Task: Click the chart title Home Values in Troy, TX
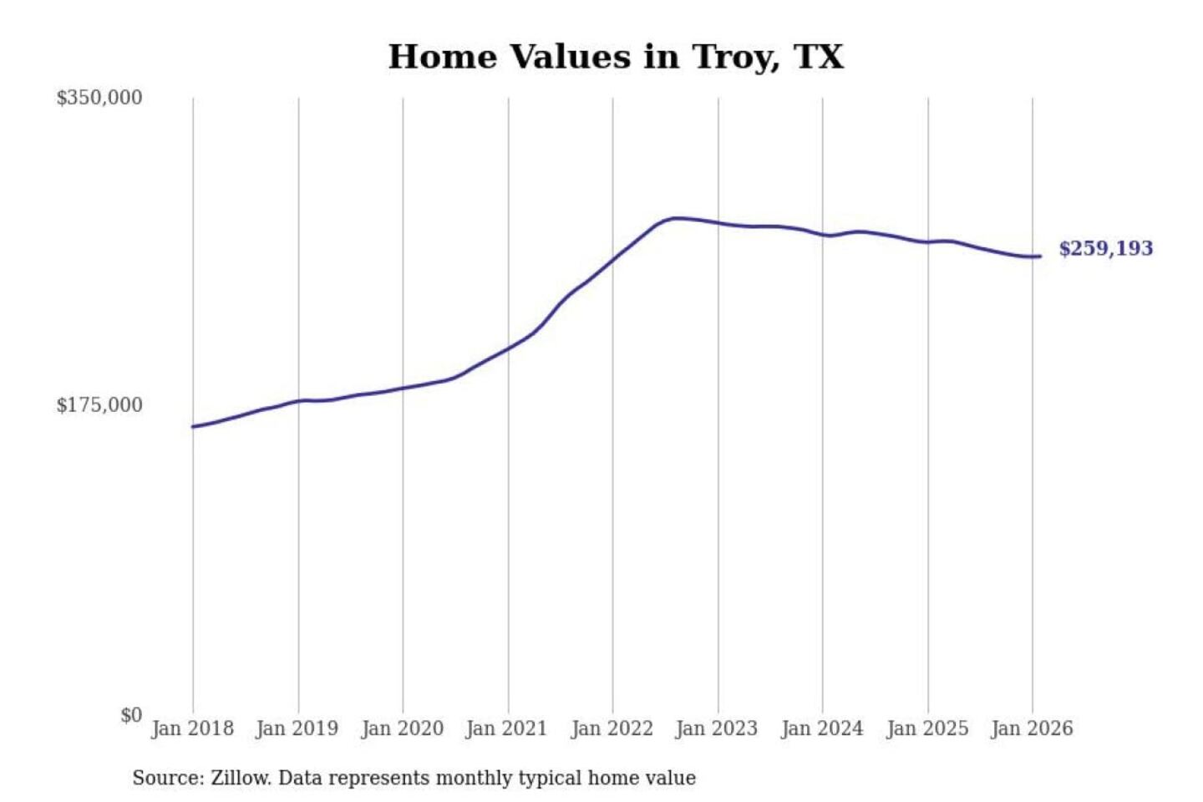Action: click(616, 57)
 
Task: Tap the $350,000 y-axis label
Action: click(99, 98)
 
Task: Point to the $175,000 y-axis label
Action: click(99, 405)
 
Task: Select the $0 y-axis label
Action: click(130, 715)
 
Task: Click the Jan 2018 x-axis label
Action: click(192, 728)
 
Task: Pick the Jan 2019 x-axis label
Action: click(297, 728)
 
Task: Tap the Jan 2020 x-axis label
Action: click(402, 728)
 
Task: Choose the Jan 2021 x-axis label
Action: click(506, 728)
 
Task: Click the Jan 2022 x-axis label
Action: click(612, 728)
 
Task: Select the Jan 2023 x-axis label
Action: click(716, 728)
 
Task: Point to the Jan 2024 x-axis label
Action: click(821, 728)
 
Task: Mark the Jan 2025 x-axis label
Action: click(926, 728)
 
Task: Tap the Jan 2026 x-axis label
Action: click(1031, 728)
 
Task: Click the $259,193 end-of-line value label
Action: click(1105, 248)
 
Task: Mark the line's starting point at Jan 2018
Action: click(193, 427)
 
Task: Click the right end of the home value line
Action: click(1039, 256)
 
